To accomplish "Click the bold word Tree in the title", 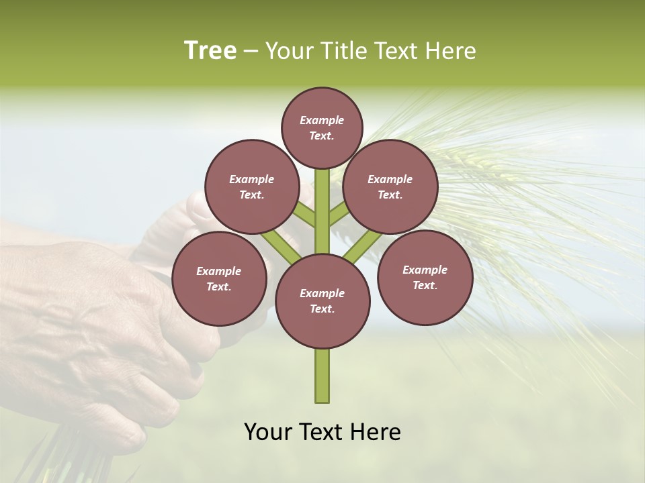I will click(210, 50).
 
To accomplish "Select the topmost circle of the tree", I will click(322, 127).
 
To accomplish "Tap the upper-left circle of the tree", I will click(251, 186).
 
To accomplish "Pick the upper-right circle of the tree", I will click(390, 186).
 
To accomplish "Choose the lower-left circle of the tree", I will click(219, 278).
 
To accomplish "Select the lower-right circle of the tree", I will click(425, 277).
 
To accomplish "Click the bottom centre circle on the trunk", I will click(322, 301).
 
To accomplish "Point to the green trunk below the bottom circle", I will click(322, 376).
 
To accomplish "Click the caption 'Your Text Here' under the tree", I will click(322, 432).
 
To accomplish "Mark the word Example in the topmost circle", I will click(322, 120).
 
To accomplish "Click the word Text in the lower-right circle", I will click(424, 285).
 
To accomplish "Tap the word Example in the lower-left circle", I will click(218, 271).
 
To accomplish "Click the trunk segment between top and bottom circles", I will click(322, 215).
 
